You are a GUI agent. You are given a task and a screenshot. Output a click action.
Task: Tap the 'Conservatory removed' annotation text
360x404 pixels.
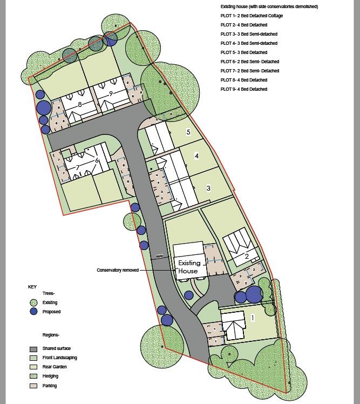(118, 270)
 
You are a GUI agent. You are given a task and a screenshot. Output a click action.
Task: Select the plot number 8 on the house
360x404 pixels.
(79, 104)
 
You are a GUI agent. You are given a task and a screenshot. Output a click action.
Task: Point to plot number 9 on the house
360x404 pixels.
(111, 93)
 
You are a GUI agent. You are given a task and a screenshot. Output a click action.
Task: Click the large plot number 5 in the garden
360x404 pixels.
(188, 132)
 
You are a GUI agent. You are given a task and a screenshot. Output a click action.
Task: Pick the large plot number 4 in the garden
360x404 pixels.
(197, 156)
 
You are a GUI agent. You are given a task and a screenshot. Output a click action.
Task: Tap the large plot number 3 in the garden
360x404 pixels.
(208, 188)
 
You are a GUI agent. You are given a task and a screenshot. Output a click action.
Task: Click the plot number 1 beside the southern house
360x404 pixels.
(253, 318)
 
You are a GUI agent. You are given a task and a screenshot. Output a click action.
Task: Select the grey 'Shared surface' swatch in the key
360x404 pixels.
(33, 348)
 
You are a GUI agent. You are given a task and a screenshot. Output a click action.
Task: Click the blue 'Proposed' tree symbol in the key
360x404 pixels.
(33, 312)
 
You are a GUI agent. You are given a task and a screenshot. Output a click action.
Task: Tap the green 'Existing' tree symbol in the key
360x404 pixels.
(33, 302)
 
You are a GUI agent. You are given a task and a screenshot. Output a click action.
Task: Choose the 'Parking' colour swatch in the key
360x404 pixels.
(33, 386)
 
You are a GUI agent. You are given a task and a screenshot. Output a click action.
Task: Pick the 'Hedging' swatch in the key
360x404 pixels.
(33, 376)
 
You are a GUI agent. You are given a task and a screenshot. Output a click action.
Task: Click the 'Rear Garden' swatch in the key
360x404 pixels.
(33, 367)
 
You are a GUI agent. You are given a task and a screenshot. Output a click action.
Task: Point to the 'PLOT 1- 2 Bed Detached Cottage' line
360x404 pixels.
(252, 16)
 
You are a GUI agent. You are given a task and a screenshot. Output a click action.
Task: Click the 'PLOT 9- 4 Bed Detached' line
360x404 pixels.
(244, 89)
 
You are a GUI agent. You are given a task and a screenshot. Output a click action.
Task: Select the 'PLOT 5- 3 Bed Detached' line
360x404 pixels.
(244, 52)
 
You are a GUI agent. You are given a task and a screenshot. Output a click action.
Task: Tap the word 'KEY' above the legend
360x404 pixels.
(32, 286)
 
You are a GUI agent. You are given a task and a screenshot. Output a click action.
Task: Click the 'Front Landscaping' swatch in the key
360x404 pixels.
(33, 358)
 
